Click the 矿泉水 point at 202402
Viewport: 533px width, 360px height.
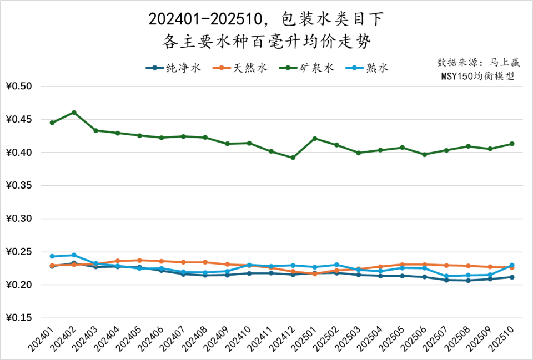(74, 113)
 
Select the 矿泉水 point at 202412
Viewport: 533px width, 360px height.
(293, 158)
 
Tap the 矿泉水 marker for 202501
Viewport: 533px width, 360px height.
(315, 138)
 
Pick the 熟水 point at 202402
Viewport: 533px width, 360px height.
(74, 255)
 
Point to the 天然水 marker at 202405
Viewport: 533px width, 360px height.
(139, 260)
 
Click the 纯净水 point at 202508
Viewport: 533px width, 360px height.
(468, 280)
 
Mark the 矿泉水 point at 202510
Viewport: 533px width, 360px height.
(512, 144)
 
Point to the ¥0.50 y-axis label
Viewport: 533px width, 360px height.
(19, 87)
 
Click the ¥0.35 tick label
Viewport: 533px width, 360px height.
(19, 186)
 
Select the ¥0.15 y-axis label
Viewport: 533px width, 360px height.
(19, 318)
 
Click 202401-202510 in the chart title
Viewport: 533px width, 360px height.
(205, 19)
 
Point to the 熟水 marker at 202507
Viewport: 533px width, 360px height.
(446, 276)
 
